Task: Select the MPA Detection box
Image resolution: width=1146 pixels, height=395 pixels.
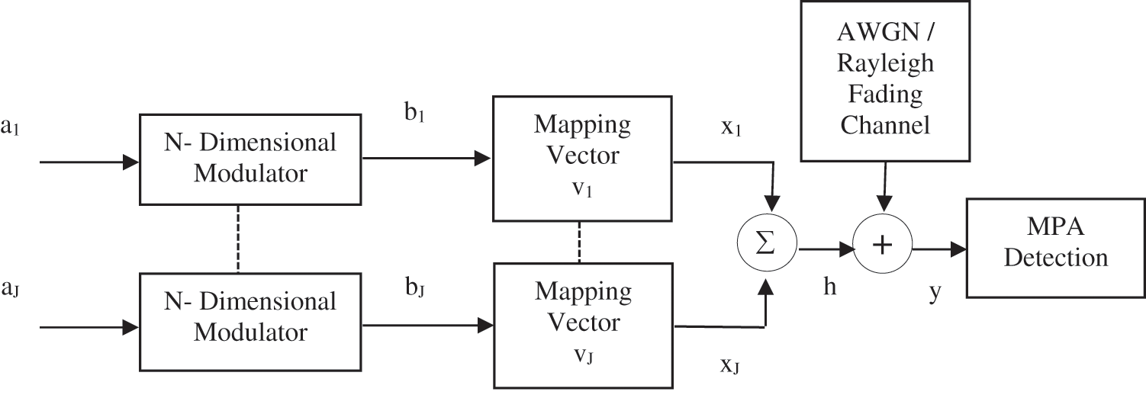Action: (1055, 248)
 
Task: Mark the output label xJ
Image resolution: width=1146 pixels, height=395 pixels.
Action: (731, 367)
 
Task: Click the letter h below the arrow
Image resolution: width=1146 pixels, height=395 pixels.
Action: (829, 286)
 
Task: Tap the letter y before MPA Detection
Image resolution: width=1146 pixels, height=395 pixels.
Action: (935, 291)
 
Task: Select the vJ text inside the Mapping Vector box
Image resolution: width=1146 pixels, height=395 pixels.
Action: (583, 355)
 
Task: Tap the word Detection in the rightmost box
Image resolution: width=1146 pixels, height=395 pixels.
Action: (1055, 258)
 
